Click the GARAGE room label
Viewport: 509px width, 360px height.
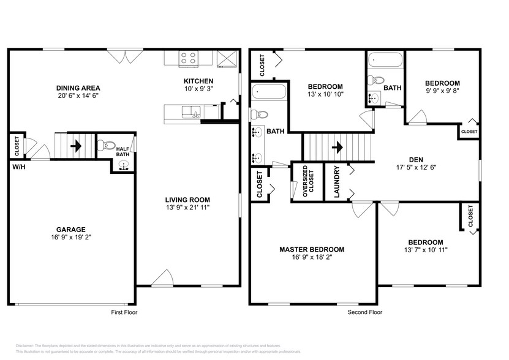tap(71, 229)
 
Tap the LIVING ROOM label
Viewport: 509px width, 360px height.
tap(187, 200)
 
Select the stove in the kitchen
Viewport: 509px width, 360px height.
tap(188, 58)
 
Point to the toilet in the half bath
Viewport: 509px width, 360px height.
tap(108, 146)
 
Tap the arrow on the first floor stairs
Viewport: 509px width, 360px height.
tap(77, 146)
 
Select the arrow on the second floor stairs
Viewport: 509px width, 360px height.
tap(336, 147)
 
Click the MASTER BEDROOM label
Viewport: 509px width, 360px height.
tap(311, 250)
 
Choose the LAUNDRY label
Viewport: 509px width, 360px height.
tap(336, 182)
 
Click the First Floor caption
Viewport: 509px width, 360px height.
tap(124, 312)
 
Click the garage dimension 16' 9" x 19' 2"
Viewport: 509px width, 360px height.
tap(71, 237)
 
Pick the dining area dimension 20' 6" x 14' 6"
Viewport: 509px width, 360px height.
tap(78, 96)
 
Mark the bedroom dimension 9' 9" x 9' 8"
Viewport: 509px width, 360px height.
tap(442, 91)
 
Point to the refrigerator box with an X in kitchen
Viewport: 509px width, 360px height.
tap(227, 58)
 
